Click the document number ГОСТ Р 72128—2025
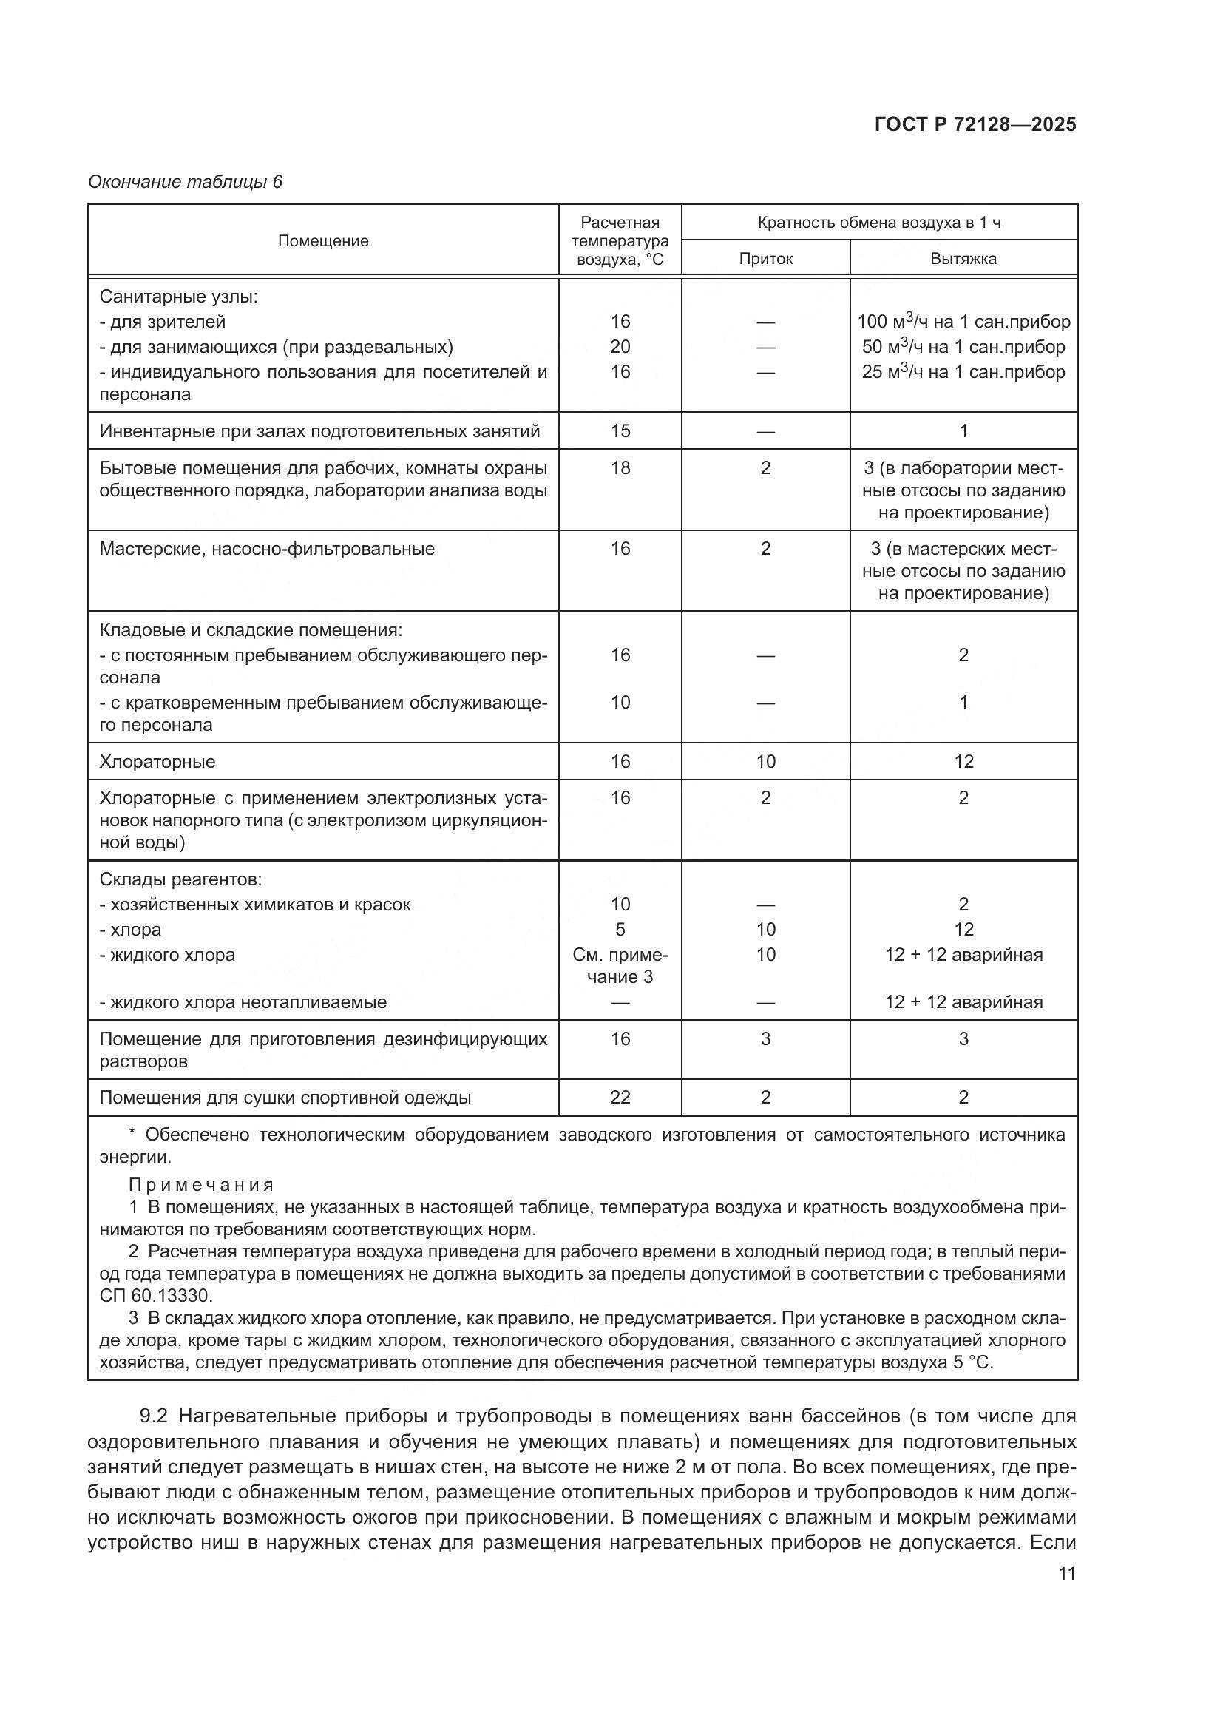point(975,124)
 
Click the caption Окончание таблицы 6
point(186,182)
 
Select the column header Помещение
point(323,241)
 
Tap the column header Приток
point(765,259)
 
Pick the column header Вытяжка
point(963,259)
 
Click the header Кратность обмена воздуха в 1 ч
point(879,223)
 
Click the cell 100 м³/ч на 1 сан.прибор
point(963,322)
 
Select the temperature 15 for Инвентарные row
point(620,431)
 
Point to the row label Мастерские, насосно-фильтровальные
point(267,549)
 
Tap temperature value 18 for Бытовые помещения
point(620,468)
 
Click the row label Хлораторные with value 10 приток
point(157,761)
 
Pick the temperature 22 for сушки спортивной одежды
point(620,1097)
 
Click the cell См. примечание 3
point(620,965)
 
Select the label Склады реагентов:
point(180,879)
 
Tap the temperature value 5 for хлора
point(620,929)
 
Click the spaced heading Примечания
point(201,1184)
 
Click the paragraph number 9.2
point(153,1416)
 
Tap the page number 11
point(1066,1573)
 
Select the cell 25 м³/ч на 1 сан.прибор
point(963,371)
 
